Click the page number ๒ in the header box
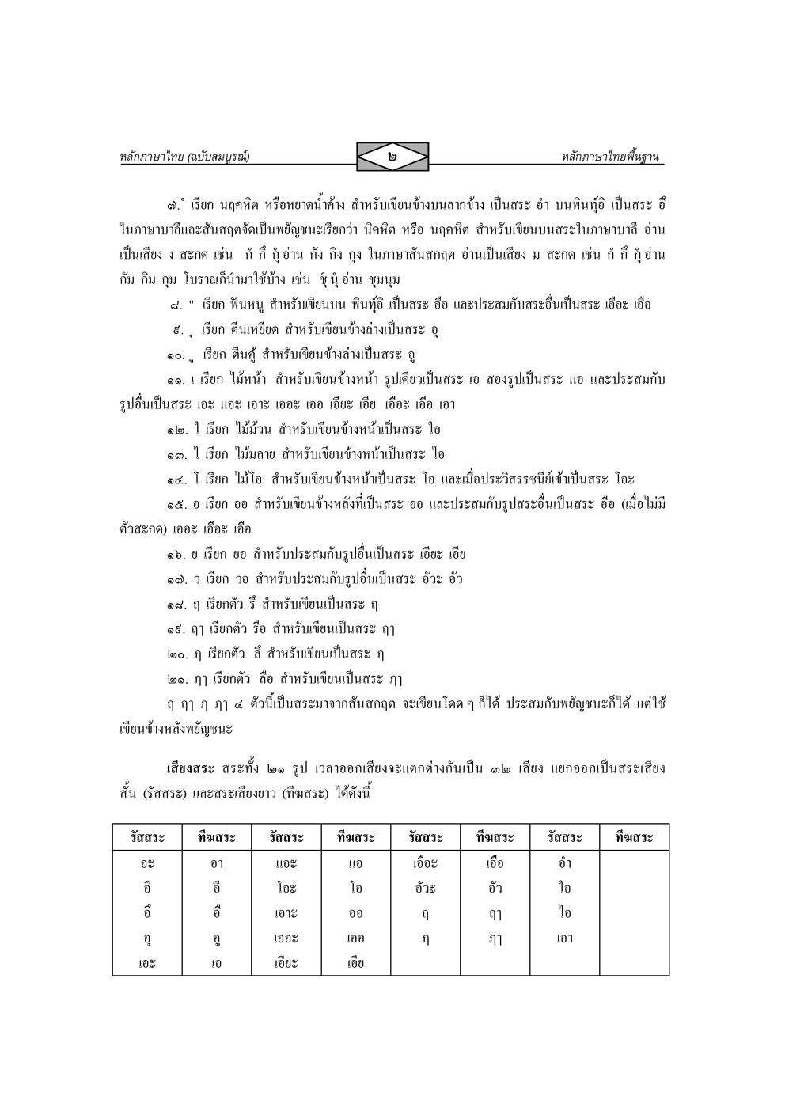click(x=392, y=157)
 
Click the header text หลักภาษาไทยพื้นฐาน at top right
click(x=610, y=157)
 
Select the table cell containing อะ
click(x=146, y=863)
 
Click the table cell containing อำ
click(x=563, y=863)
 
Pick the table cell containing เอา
click(x=563, y=938)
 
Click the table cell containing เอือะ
click(x=425, y=863)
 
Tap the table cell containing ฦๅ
click(x=495, y=938)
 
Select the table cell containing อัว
click(x=495, y=888)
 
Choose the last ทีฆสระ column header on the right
click(x=633, y=837)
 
